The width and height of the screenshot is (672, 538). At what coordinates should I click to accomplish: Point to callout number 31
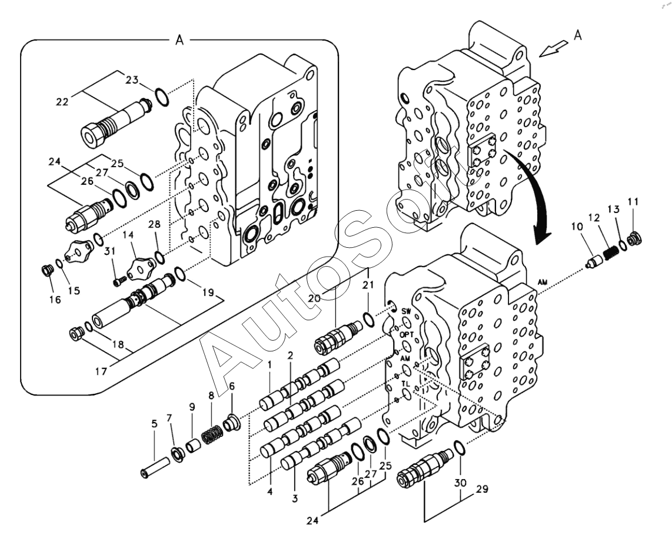tap(109, 252)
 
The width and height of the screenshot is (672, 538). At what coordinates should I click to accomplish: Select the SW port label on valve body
tap(406, 310)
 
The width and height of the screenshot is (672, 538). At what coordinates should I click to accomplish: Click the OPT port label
tap(407, 334)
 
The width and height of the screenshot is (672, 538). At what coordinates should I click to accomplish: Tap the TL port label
tap(405, 383)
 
